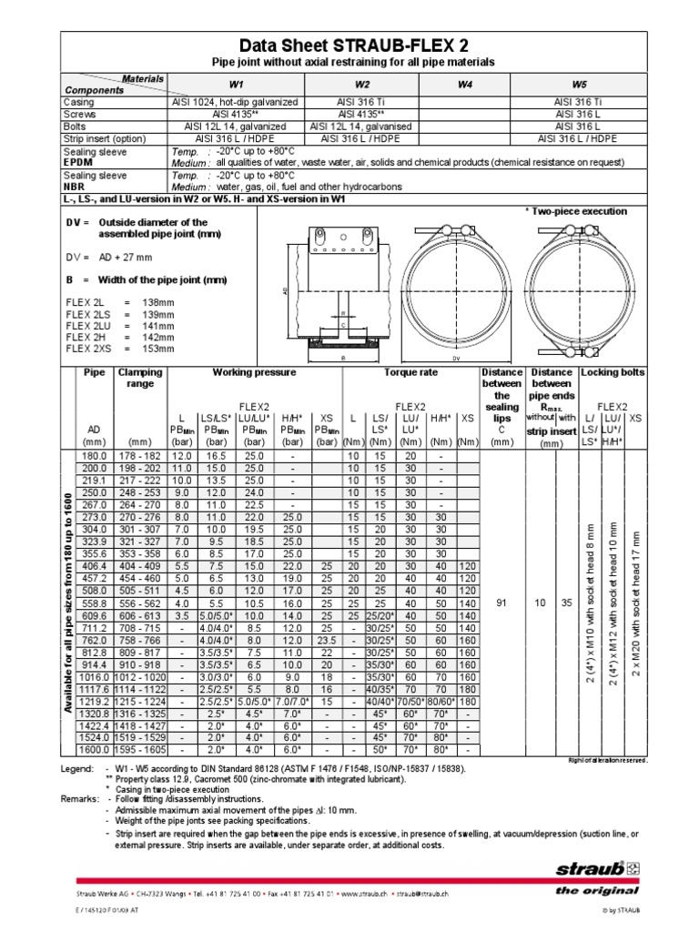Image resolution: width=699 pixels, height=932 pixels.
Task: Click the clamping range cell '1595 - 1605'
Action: tap(139, 750)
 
